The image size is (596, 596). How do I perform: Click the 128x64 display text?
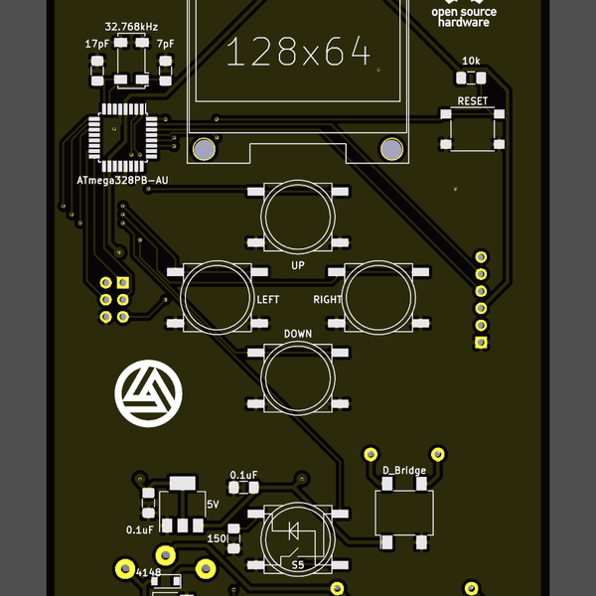click(x=298, y=52)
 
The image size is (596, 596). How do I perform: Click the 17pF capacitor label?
click(x=97, y=44)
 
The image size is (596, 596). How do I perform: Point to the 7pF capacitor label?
click(x=165, y=44)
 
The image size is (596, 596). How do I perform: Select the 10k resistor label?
click(x=472, y=62)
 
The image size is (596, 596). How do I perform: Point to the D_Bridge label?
click(x=404, y=470)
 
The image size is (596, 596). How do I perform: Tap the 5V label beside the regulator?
click(x=213, y=505)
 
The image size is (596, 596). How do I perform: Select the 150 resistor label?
click(x=216, y=537)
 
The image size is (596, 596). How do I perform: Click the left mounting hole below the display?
click(x=204, y=149)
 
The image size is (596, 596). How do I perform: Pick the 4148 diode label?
click(x=148, y=573)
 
